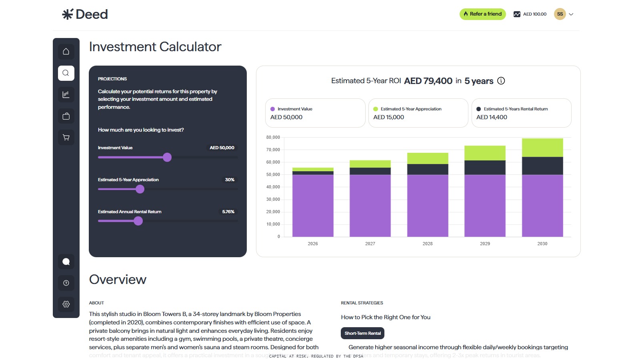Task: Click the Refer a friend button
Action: click(x=482, y=14)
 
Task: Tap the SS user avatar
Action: click(x=560, y=14)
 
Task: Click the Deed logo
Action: click(x=85, y=14)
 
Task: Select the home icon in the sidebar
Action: click(x=66, y=52)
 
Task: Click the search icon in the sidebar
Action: click(x=66, y=73)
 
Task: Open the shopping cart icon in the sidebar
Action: click(x=66, y=138)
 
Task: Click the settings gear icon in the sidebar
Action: click(x=66, y=304)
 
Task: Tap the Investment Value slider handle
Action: click(x=167, y=157)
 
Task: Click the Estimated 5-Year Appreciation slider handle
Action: click(x=140, y=189)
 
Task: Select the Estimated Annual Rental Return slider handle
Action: click(x=138, y=221)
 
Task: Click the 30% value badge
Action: click(x=230, y=180)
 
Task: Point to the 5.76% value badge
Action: click(x=228, y=212)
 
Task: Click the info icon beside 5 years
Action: click(x=501, y=81)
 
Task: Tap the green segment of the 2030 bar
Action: click(x=542, y=148)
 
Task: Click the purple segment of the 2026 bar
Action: click(x=313, y=206)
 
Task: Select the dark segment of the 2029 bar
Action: click(x=485, y=167)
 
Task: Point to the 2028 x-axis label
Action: click(x=427, y=244)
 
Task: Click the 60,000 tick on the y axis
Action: click(x=273, y=162)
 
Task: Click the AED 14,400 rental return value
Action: click(x=492, y=117)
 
